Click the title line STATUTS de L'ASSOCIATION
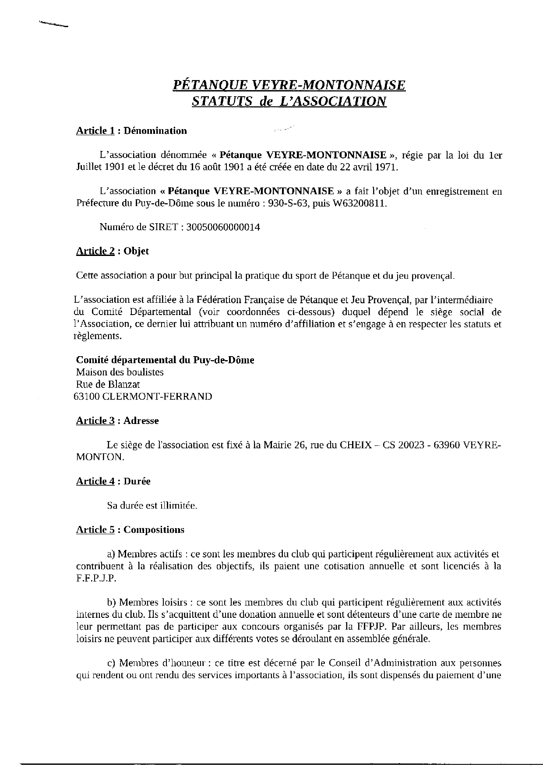(289, 101)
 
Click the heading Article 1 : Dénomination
(131, 130)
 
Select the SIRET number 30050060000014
(223, 227)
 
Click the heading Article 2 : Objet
(113, 251)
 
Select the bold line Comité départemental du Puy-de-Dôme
(165, 360)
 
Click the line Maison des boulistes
(120, 372)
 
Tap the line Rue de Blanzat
(108, 384)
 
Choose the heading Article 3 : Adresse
(117, 421)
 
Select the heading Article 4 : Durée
(113, 481)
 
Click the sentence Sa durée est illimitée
(152, 506)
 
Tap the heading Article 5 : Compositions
(130, 530)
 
